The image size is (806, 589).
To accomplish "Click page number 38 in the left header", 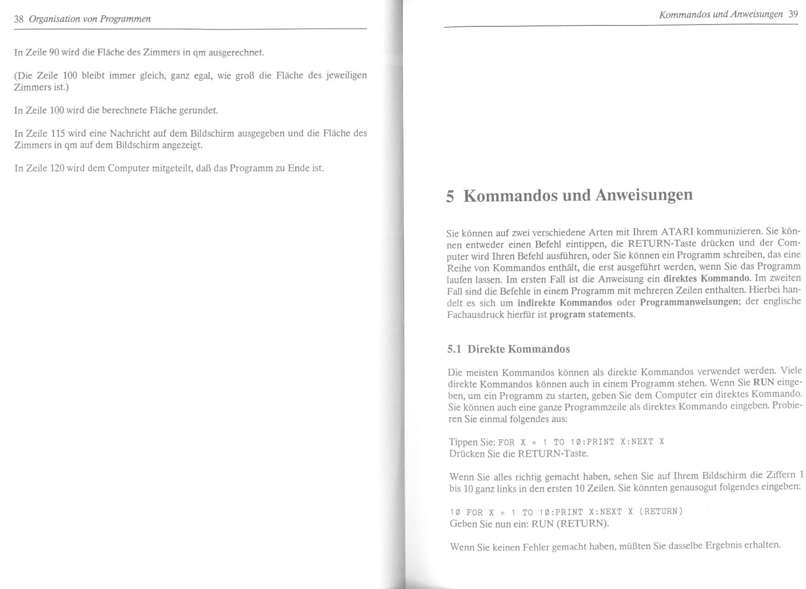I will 18,19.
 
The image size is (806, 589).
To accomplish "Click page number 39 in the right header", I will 793,14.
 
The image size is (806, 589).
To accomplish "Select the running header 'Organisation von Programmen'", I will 90,19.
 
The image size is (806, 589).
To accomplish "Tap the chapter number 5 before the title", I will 450,196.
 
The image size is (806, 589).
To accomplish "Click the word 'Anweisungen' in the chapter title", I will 644,194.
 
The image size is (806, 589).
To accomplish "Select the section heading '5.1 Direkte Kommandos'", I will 509,349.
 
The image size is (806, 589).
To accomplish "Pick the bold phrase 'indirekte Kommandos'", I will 564,303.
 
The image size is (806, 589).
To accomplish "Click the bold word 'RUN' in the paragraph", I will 763,383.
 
